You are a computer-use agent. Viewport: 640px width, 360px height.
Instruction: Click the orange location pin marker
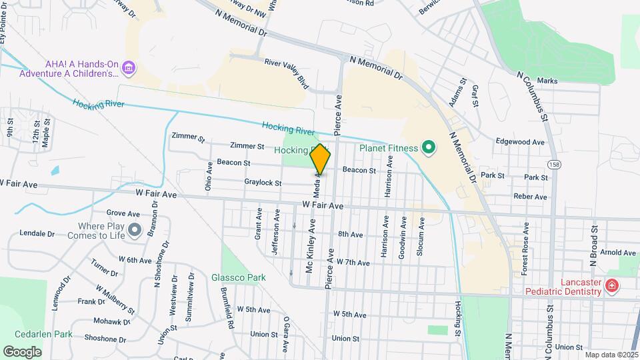click(320, 159)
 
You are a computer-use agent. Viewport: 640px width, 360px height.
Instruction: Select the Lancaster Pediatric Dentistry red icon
click(611, 287)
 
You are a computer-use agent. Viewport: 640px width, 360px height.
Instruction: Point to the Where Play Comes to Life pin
click(135, 231)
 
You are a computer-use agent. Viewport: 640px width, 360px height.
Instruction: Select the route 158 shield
click(553, 163)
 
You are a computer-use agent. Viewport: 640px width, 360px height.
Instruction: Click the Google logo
click(22, 351)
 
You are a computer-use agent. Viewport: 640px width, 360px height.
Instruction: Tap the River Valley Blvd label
click(287, 72)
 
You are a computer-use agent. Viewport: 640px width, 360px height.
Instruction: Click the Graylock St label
click(263, 183)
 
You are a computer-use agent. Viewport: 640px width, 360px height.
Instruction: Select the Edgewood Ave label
click(520, 141)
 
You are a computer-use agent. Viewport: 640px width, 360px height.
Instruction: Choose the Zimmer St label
click(247, 145)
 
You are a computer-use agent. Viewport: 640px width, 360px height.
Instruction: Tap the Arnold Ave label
click(618, 253)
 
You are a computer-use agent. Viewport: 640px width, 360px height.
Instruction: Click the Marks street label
click(547, 81)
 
